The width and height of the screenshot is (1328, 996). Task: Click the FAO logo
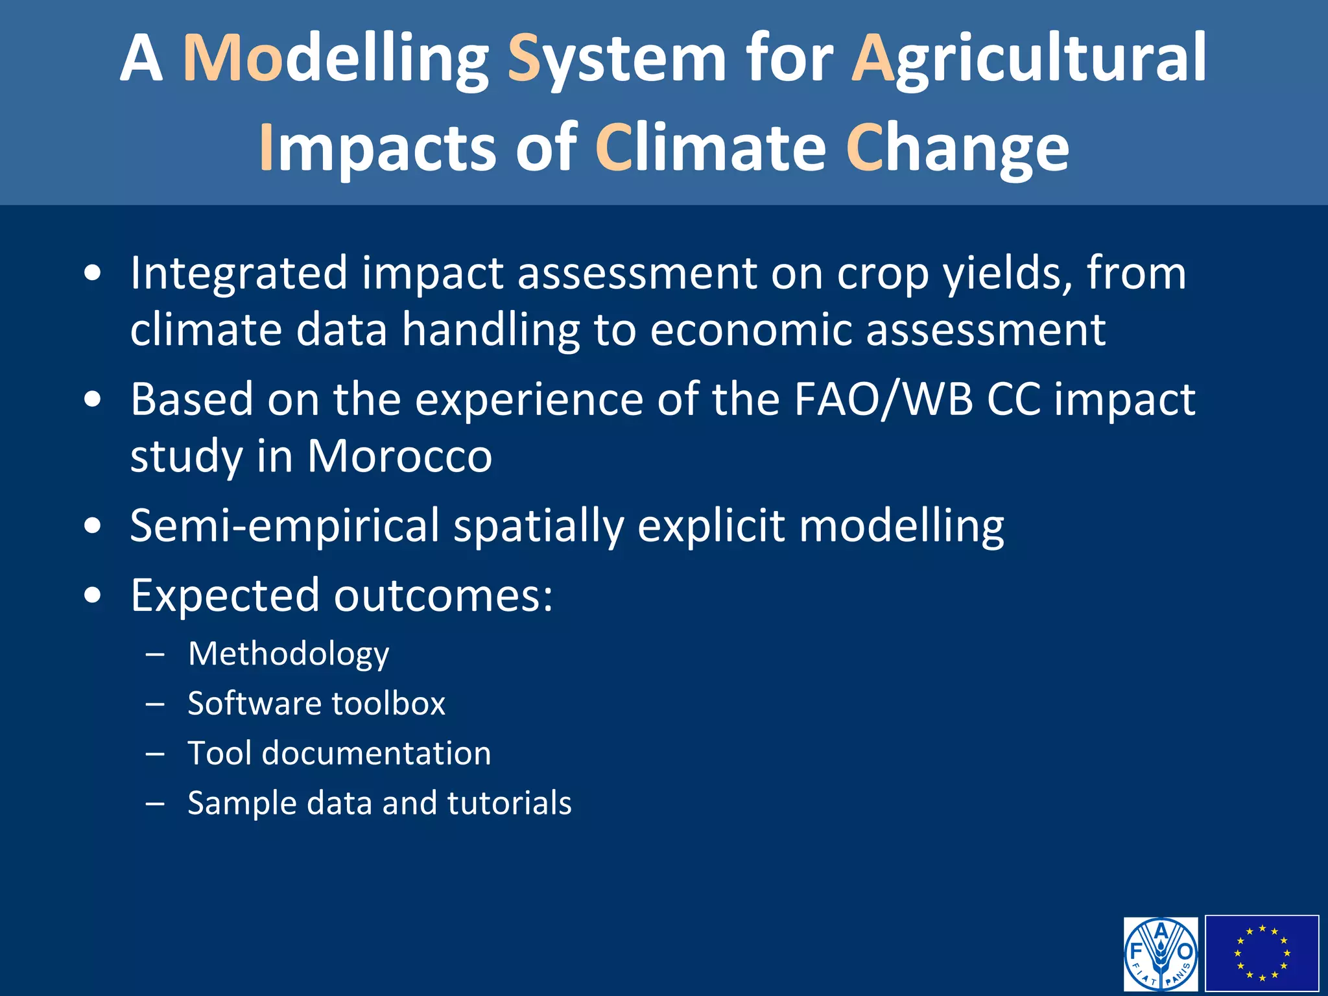click(1161, 953)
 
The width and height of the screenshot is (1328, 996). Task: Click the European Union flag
click(1262, 953)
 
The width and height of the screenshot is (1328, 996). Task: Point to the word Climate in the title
click(710, 148)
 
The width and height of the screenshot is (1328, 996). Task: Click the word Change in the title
click(957, 148)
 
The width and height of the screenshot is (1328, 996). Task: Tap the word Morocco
click(399, 456)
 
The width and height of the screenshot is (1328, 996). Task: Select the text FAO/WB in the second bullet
click(883, 399)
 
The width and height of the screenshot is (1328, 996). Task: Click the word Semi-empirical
click(285, 525)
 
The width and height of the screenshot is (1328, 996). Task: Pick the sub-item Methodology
click(289, 653)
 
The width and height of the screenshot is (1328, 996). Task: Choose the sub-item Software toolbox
click(316, 704)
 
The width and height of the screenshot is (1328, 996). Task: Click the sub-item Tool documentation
click(339, 753)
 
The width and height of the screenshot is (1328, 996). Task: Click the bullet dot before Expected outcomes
click(93, 595)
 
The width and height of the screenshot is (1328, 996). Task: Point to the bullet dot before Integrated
click(93, 273)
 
